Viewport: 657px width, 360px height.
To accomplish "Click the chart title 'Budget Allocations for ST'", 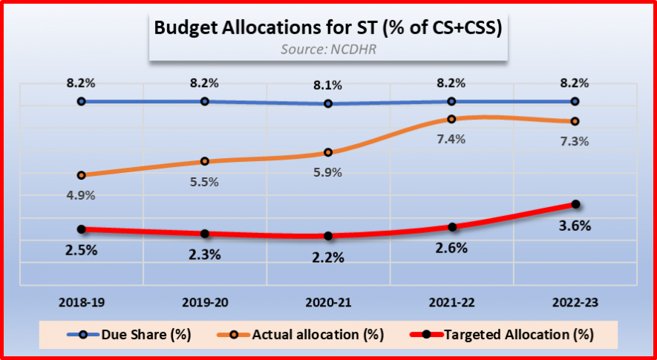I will click(x=328, y=28).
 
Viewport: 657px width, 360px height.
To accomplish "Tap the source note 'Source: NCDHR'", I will click(x=327, y=50).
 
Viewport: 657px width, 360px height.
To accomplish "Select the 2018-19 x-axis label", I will click(x=82, y=302).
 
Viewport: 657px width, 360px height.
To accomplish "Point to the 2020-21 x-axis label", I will click(x=328, y=302).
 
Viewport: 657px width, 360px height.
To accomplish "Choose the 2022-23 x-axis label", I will click(x=575, y=302).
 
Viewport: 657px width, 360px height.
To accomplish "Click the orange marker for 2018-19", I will click(x=82, y=175).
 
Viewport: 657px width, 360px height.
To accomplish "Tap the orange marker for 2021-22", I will click(x=451, y=119).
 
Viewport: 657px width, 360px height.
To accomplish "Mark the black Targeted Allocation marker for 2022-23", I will click(x=575, y=204).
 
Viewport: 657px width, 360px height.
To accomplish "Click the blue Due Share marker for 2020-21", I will click(x=328, y=103).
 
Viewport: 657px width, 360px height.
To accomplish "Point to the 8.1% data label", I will click(x=328, y=85).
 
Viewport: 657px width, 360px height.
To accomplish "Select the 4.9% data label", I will click(x=82, y=195).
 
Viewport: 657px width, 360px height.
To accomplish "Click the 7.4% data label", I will click(x=451, y=139).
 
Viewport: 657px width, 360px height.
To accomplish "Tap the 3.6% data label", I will click(x=575, y=226).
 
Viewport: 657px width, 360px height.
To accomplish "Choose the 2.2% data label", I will click(x=328, y=258).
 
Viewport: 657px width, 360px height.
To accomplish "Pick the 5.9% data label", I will click(x=328, y=172).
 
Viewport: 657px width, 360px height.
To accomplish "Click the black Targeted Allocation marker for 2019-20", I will click(x=205, y=234).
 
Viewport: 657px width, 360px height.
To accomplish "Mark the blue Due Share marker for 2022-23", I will click(x=575, y=101).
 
